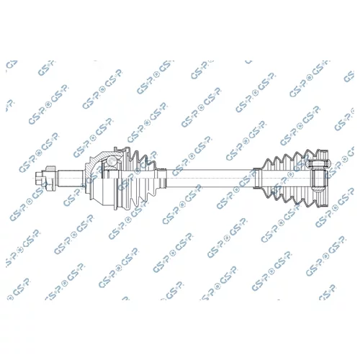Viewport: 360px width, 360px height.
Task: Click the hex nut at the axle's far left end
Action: click(x=38, y=178)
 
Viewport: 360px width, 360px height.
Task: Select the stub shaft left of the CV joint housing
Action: click(x=71, y=178)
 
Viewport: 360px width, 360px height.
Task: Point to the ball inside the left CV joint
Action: click(x=112, y=161)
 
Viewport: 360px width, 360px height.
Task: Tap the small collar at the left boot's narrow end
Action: click(x=163, y=179)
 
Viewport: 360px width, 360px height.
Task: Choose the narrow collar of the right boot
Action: click(x=258, y=178)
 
